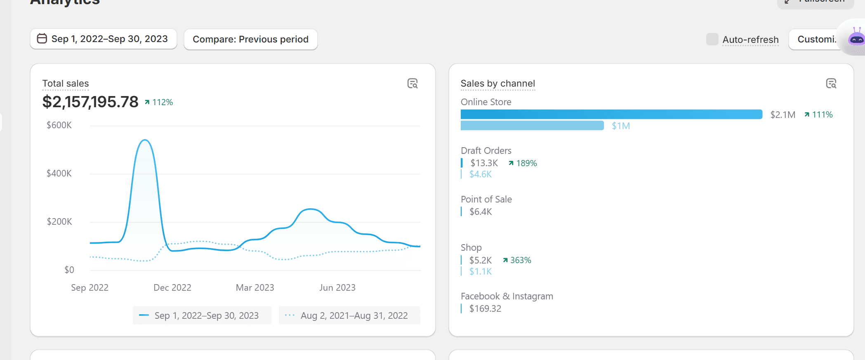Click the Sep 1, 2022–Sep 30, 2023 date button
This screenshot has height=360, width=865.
pyautogui.click(x=104, y=39)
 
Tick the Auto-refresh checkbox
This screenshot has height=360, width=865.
pyautogui.click(x=712, y=40)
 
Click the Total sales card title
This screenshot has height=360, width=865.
pyautogui.click(x=66, y=84)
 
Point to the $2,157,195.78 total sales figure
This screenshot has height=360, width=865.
pyautogui.click(x=90, y=102)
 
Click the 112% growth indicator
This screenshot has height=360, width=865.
pyautogui.click(x=159, y=102)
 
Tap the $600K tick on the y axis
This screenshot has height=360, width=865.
pyautogui.click(x=59, y=125)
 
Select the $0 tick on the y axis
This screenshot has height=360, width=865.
pyautogui.click(x=69, y=270)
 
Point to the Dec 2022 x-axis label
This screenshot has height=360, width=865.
pyautogui.click(x=172, y=288)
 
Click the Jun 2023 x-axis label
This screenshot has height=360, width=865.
pyautogui.click(x=337, y=288)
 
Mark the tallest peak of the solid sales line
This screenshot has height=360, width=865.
pyautogui.click(x=145, y=140)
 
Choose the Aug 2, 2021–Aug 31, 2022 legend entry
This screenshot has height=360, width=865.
pyautogui.click(x=349, y=315)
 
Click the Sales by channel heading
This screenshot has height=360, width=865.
pyautogui.click(x=497, y=84)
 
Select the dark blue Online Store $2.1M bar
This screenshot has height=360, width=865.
pyautogui.click(x=611, y=114)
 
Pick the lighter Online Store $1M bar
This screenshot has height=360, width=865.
pyautogui.click(x=532, y=126)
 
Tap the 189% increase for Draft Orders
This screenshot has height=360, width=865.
pyautogui.click(x=523, y=163)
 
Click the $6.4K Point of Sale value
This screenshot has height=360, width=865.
pyautogui.click(x=481, y=212)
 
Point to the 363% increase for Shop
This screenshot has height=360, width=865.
pyautogui.click(x=517, y=260)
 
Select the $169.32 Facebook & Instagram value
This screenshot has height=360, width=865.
pyautogui.click(x=485, y=309)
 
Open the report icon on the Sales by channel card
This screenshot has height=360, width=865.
pyautogui.click(x=831, y=84)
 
